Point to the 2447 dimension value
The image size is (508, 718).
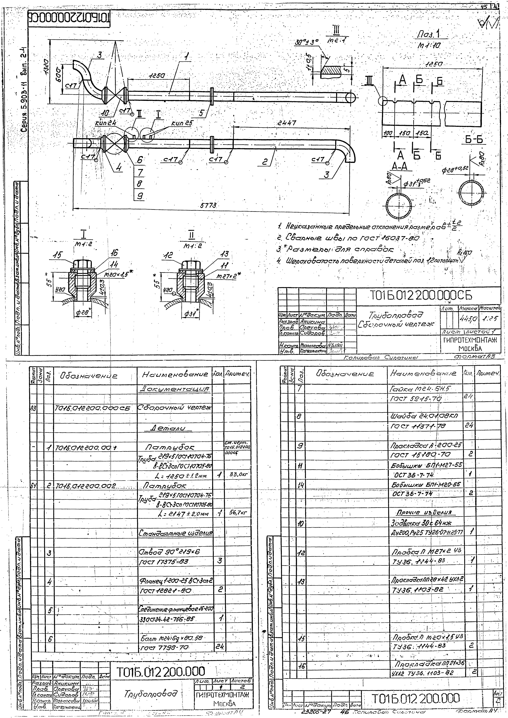point(287,123)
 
